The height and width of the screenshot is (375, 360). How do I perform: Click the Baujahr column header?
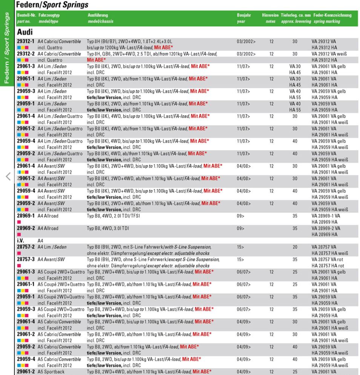244,15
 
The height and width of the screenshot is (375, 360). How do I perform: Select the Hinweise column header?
270,15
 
